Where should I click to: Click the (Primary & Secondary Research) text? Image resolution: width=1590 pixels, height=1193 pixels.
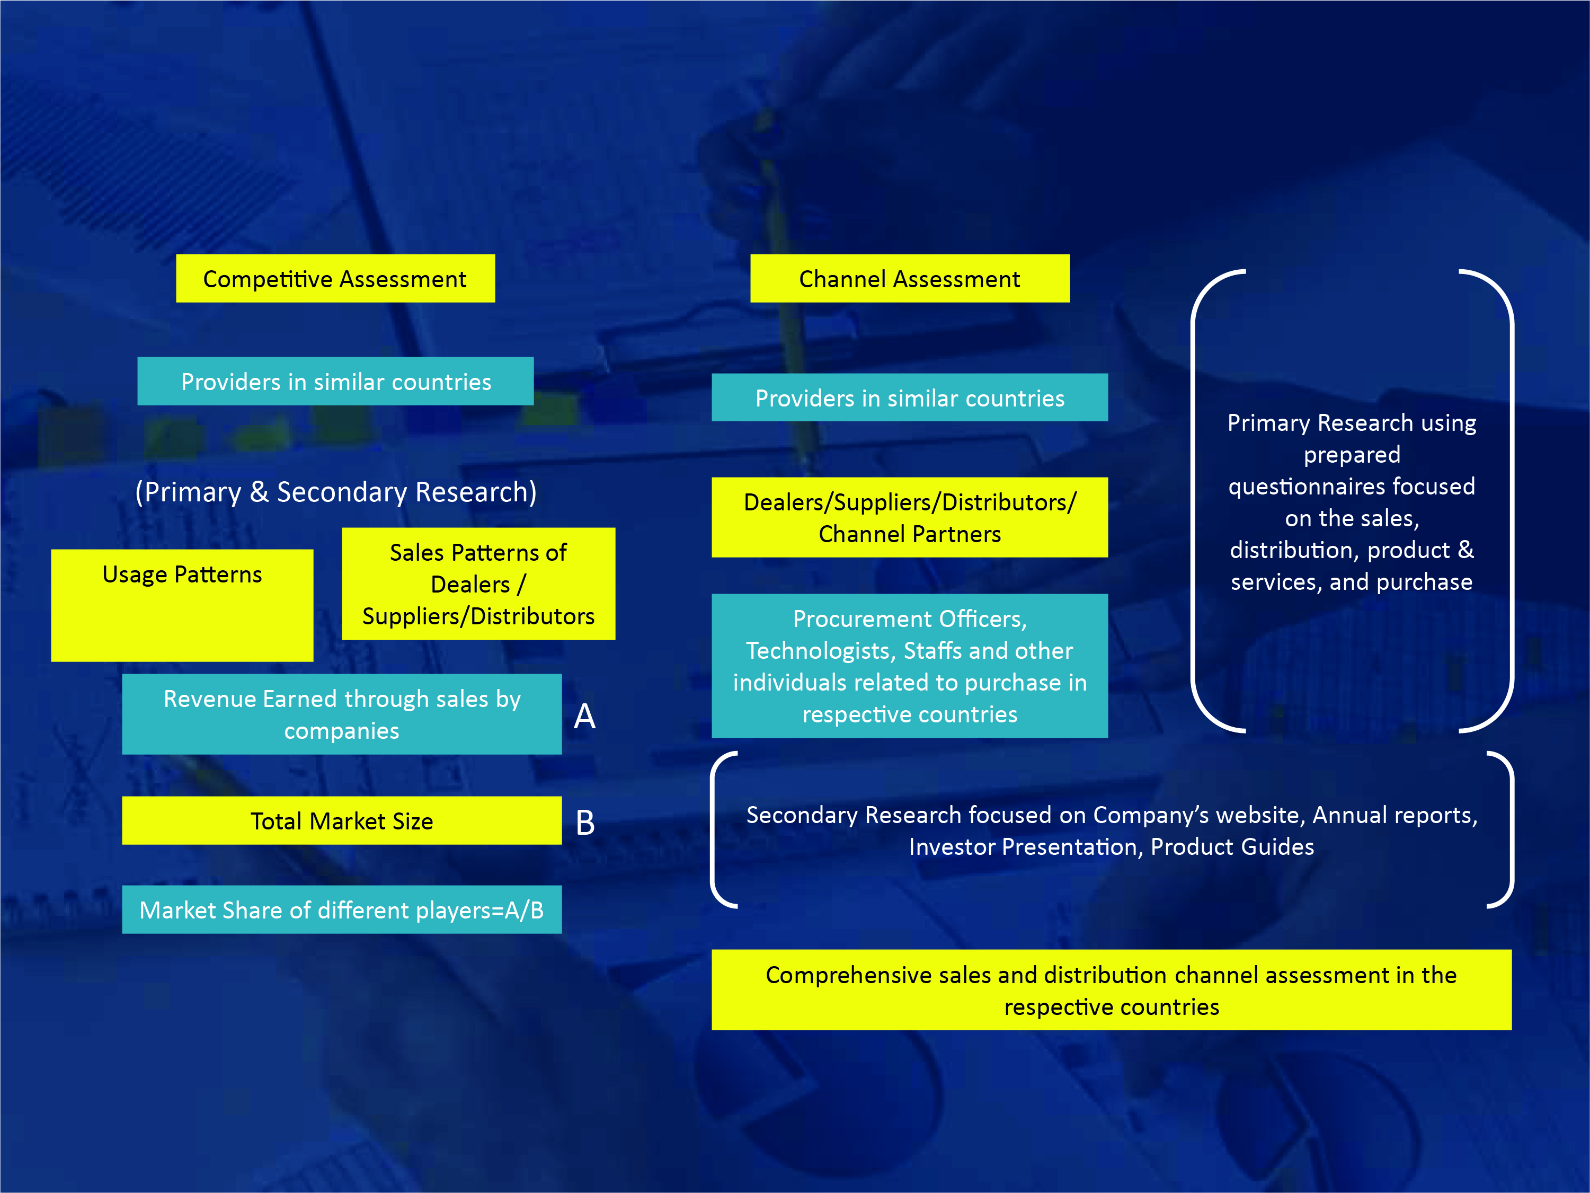pos(336,492)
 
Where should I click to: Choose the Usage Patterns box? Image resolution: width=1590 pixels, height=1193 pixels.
pos(182,605)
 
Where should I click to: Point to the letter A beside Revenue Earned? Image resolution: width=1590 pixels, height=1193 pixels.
pos(584,716)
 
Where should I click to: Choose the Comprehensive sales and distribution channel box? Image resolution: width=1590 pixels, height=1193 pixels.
pos(1111,989)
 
